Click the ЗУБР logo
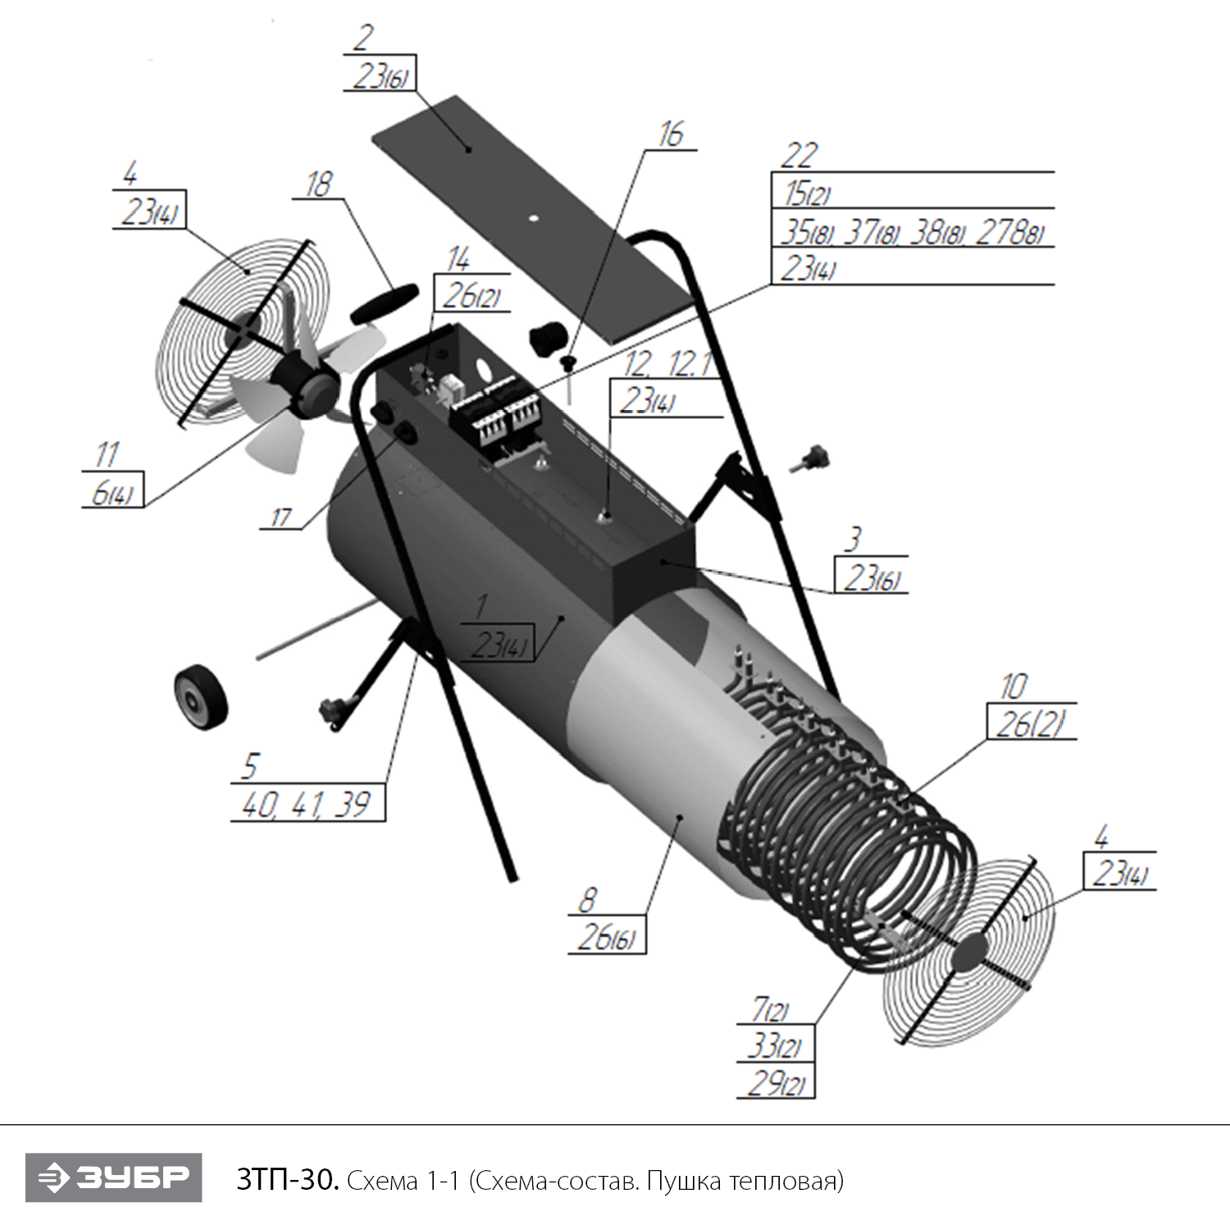[x=113, y=1178]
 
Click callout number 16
[x=671, y=134]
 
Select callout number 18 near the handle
[x=318, y=184]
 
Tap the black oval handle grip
[x=384, y=302]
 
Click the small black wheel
[x=200, y=695]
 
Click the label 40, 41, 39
[x=306, y=804]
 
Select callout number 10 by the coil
[x=1014, y=686]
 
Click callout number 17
[x=280, y=517]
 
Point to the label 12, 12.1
[x=667, y=364]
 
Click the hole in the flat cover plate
[x=534, y=218]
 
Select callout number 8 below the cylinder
[x=587, y=901]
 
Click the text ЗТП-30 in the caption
[x=286, y=1181]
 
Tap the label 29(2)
[x=776, y=1084]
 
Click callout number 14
[x=458, y=260]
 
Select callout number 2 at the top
[x=363, y=38]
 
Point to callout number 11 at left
[x=107, y=454]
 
